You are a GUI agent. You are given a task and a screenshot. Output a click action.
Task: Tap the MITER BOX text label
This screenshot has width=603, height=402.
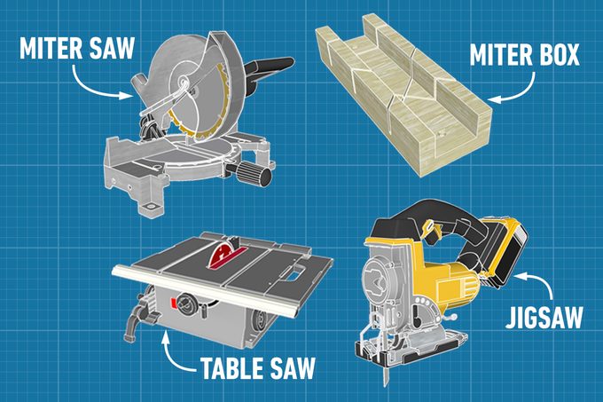click(522, 55)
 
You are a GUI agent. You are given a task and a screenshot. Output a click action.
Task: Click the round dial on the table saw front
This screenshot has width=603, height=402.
click(189, 303)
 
